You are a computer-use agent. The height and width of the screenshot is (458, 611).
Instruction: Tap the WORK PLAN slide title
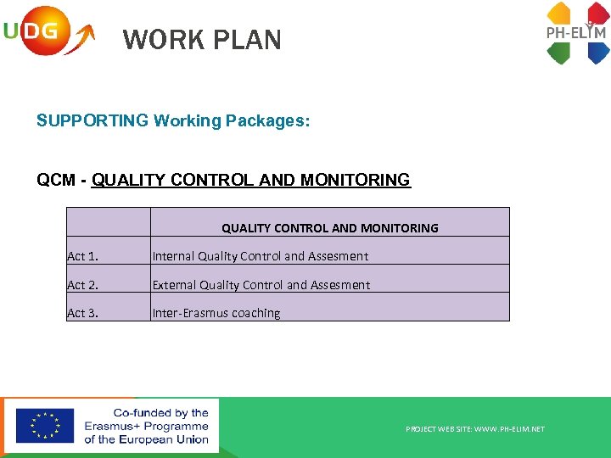coord(202,40)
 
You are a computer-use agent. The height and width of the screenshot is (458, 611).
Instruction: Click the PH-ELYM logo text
coord(576,33)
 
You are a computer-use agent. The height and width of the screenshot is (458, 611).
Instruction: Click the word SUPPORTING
coord(92,121)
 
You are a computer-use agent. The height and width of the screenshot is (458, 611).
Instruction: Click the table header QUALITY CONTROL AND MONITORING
coord(330,227)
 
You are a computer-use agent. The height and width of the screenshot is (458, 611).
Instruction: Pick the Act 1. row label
coord(83,256)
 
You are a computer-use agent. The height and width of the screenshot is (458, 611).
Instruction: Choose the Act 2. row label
coord(83,285)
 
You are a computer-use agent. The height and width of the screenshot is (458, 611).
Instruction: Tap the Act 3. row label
coord(83,313)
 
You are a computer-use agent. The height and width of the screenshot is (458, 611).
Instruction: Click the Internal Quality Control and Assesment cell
coord(261,256)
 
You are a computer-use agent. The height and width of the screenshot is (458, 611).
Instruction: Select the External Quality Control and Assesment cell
coord(261,285)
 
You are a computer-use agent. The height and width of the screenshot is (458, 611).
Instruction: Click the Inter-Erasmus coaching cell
coord(216,313)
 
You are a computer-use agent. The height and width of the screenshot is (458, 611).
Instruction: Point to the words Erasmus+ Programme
coord(146,426)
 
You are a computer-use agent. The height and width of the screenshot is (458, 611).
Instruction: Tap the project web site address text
coord(475,429)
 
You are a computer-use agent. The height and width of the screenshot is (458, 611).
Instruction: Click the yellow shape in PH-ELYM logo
coord(559,13)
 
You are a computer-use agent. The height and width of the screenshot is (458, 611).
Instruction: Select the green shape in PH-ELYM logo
coord(559,53)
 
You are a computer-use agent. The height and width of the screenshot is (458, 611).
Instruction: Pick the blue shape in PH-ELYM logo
coord(597,53)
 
